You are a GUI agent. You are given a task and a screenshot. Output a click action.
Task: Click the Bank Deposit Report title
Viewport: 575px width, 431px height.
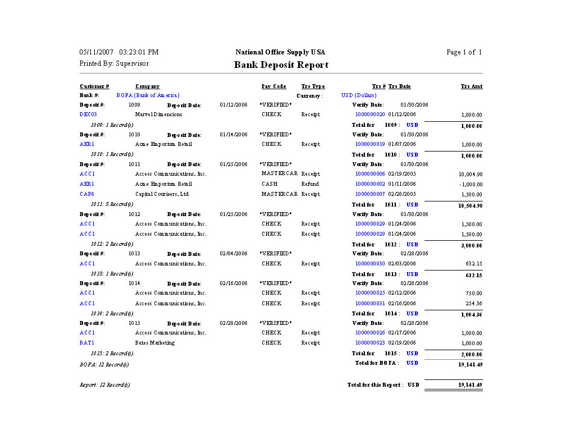pos(281,65)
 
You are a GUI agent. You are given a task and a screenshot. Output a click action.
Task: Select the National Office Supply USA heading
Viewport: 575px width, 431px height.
pos(280,52)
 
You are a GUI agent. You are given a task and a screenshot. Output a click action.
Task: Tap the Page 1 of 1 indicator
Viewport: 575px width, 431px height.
pos(464,52)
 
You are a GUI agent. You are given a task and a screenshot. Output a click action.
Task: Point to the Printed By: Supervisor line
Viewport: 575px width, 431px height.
pos(114,63)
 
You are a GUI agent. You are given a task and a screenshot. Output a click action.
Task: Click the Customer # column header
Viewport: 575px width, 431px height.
pos(94,86)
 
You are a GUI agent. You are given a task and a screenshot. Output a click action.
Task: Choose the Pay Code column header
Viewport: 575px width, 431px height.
pos(273,86)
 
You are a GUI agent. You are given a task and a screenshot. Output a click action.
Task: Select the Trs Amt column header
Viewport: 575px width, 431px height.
pos(471,86)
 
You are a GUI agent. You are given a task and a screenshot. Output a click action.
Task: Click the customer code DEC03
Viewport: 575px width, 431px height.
pos(88,114)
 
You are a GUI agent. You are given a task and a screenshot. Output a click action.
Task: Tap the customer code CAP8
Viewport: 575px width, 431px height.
pos(87,194)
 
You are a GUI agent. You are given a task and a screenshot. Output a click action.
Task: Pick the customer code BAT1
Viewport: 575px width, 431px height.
pos(87,343)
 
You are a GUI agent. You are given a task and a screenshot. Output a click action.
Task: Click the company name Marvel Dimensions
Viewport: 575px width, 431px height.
pos(158,114)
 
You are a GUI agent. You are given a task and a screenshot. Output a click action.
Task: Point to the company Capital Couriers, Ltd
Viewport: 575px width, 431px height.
pos(162,194)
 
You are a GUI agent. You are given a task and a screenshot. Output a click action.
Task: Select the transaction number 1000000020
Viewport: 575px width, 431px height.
pos(370,114)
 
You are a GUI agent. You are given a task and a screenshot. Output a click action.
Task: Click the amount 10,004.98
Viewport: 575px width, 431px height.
pos(471,175)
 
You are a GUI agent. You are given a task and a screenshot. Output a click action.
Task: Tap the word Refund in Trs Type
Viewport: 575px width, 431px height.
pos(310,184)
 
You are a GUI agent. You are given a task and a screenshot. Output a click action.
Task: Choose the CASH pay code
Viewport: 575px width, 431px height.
pos(270,184)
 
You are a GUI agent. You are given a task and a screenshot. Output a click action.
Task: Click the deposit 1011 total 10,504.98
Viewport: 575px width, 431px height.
pos(470,205)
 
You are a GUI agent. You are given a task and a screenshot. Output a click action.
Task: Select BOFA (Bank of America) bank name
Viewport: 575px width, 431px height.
pos(148,95)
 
